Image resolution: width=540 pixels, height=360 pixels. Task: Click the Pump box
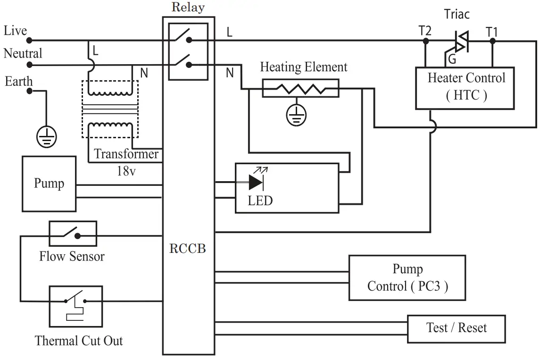tap(49, 184)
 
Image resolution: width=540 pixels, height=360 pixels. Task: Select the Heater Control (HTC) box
tap(465, 88)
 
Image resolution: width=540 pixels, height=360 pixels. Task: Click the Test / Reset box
tap(456, 328)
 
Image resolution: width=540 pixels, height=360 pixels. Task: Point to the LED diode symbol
tap(257, 182)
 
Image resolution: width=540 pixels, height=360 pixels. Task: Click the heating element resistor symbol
tap(300, 88)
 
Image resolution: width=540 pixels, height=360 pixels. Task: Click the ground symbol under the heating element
tap(296, 115)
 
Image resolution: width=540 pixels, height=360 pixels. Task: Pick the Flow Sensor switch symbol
tap(73, 234)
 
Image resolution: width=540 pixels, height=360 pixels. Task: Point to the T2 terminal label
tap(425, 31)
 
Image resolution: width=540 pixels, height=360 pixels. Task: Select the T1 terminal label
tap(492, 31)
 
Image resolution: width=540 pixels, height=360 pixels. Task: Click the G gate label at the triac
tap(451, 60)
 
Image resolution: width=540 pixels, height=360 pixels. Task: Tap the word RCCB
tap(187, 249)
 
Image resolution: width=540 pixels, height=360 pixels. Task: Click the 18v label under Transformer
tap(126, 171)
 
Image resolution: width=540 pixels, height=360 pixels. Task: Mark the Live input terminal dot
tap(29, 41)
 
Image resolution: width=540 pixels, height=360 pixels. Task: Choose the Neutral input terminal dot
tap(29, 65)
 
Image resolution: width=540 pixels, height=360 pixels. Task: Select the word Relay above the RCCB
tap(188, 7)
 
